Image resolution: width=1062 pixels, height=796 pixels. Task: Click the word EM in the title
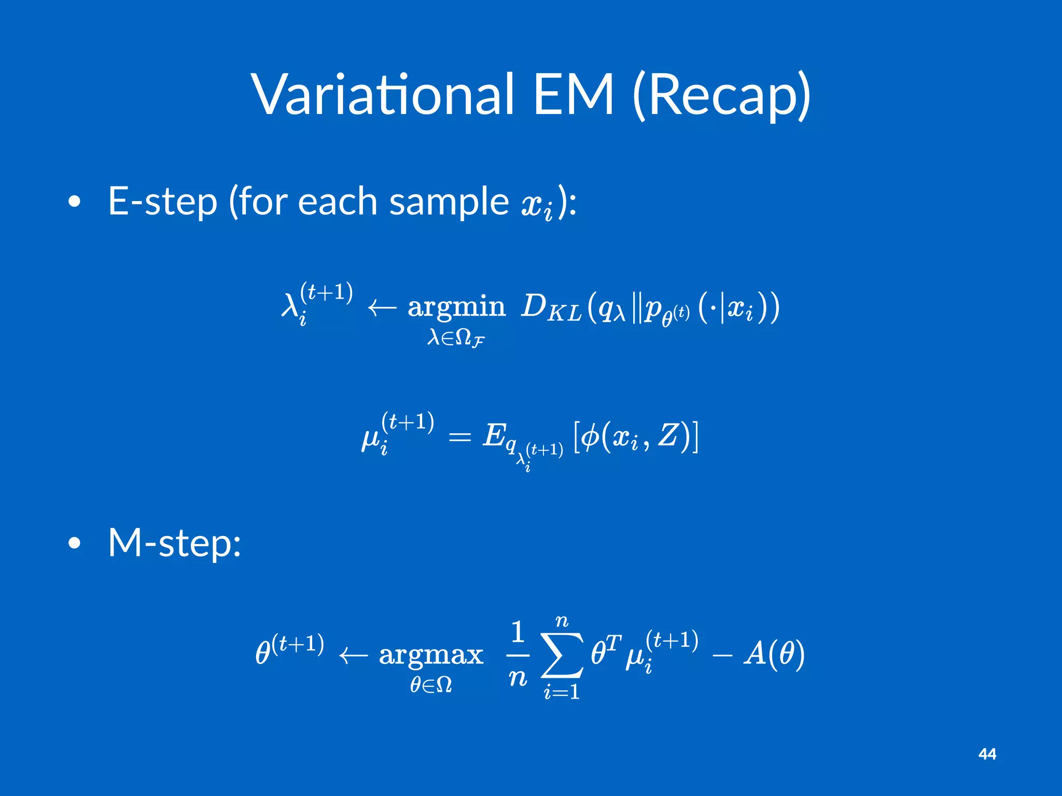[574, 95]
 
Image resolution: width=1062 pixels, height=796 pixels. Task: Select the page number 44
[987, 754]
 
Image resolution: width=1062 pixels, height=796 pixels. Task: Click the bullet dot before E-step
[75, 202]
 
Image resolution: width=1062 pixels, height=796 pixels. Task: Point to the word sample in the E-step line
[449, 202]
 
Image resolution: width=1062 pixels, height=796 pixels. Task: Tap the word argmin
[456, 307]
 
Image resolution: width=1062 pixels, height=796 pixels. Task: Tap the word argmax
[431, 655]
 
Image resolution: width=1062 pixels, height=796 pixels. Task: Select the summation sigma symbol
[562, 655]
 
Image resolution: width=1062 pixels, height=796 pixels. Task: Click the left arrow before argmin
[382, 308]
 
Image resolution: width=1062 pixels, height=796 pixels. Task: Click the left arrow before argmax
[353, 656]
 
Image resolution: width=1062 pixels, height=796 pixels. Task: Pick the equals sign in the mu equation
[459, 438]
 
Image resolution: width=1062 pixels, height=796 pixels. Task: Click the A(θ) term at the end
[774, 654]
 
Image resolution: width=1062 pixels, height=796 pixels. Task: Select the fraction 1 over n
[518, 655]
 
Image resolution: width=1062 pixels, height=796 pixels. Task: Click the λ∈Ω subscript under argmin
[456, 339]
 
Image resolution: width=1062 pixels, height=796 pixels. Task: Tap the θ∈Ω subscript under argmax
[431, 686]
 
